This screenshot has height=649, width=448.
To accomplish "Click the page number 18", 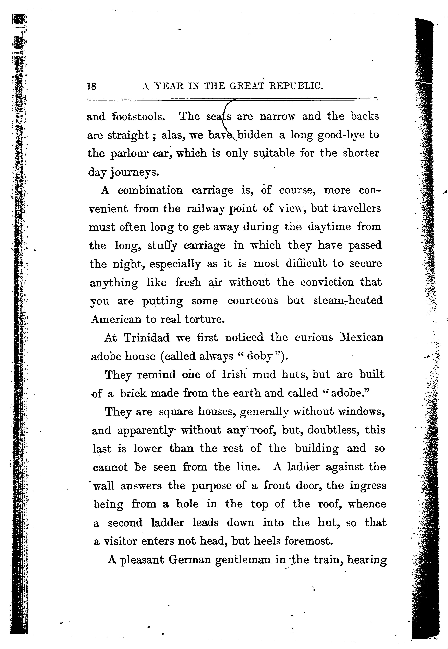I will pos(91,86).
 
